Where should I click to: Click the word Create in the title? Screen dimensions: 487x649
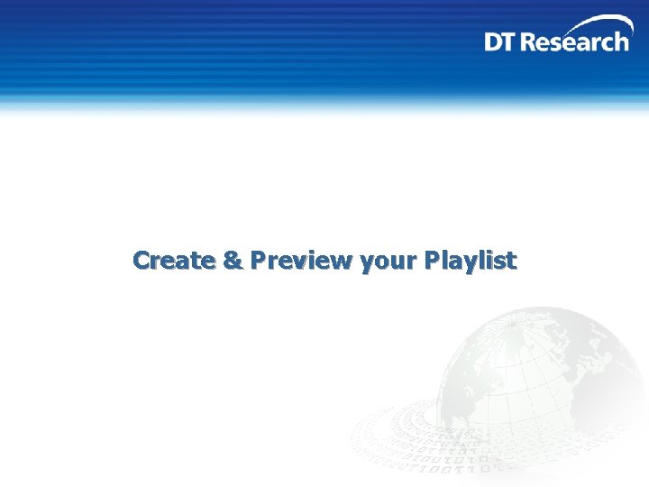(174, 261)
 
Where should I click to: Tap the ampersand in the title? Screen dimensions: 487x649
(232, 261)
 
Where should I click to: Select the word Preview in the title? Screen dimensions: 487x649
(302, 261)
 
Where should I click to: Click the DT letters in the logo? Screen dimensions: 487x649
(502, 41)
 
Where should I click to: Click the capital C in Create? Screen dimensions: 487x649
(142, 261)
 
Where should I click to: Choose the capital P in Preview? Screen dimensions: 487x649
(260, 261)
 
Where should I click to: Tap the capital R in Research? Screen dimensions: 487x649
(535, 41)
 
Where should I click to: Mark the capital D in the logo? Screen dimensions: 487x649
(495, 41)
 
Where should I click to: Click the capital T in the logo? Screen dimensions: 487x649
(512, 41)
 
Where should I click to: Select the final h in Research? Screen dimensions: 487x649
(621, 41)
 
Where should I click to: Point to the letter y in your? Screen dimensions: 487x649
(365, 263)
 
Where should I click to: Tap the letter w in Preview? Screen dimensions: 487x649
(343, 262)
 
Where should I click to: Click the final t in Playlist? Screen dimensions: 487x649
(511, 261)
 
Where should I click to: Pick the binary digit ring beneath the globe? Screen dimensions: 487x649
(433, 451)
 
